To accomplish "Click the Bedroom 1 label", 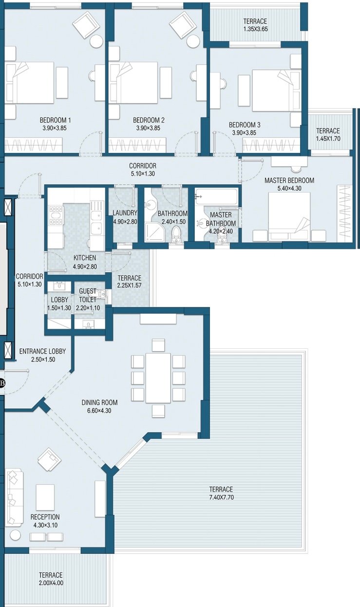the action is tap(55, 120).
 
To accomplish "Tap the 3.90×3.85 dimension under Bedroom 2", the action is tap(148, 128).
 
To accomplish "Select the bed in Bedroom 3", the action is tap(273, 91).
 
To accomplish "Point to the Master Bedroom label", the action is tap(289, 180).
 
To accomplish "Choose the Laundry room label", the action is tap(125, 213).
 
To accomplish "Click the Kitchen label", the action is tap(85, 258).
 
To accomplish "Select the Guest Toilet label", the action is tap(88, 295).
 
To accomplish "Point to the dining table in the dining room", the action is tap(158, 378).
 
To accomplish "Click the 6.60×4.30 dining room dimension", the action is tap(99, 411).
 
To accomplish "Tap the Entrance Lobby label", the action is tap(42, 351).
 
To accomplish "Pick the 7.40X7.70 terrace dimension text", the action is tap(221, 497).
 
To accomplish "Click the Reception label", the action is tap(45, 517).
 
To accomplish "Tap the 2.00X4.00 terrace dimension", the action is tap(51, 583).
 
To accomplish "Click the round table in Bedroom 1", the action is tap(96, 41).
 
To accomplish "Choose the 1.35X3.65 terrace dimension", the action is tap(255, 29).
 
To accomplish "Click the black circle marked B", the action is tap(2, 383).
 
